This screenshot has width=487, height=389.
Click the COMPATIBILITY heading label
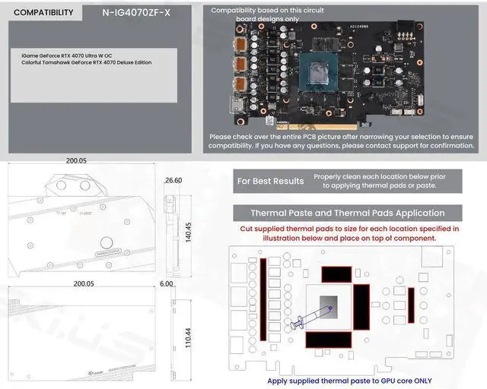(x=43, y=12)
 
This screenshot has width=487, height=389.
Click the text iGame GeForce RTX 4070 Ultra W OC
(x=67, y=55)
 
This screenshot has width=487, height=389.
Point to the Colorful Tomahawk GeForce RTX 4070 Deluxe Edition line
(x=86, y=62)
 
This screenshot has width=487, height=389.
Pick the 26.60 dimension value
(x=173, y=181)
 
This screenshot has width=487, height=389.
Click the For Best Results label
(x=270, y=181)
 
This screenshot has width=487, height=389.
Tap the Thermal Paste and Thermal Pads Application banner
(x=347, y=213)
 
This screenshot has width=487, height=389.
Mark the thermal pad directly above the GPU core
(x=336, y=274)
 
